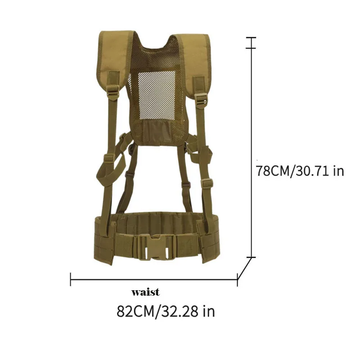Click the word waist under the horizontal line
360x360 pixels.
pyautogui.click(x=145, y=292)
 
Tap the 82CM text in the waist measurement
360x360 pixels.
pyautogui.click(x=135, y=311)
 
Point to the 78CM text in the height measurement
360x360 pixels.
pyautogui.click(x=273, y=171)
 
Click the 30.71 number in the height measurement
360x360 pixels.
pyautogui.click(x=312, y=171)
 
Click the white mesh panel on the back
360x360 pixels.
pyautogui.click(x=157, y=95)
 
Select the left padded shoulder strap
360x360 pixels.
pyautogui.click(x=115, y=58)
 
